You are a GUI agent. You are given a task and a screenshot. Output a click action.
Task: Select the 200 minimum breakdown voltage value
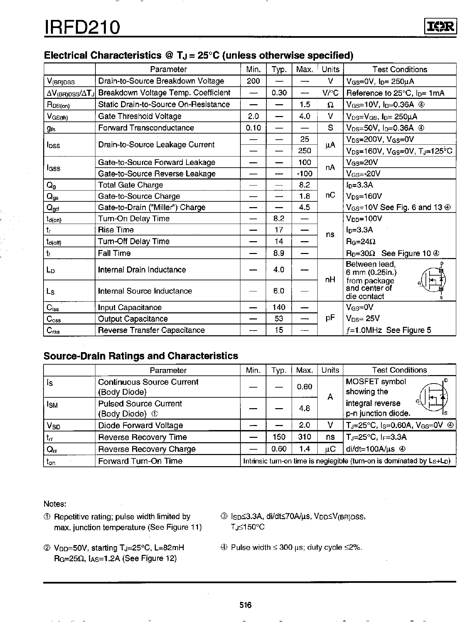click(x=253, y=81)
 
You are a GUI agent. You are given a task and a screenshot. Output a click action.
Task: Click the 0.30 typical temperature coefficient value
click(x=279, y=93)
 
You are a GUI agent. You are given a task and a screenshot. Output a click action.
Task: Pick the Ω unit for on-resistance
click(x=330, y=105)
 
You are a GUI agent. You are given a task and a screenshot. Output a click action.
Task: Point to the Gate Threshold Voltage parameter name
click(x=140, y=116)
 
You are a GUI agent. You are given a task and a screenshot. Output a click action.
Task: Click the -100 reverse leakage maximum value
click(x=304, y=174)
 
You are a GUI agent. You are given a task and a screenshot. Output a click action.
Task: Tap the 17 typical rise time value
click(x=279, y=230)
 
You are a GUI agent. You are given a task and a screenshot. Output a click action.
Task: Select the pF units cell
click(x=330, y=318)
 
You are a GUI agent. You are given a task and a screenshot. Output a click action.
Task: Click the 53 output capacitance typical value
click(x=279, y=318)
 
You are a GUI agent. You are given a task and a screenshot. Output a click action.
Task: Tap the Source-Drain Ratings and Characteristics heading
click(x=141, y=356)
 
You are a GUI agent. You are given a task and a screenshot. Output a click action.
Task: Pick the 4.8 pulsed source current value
click(x=304, y=408)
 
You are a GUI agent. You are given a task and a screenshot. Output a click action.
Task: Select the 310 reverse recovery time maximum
click(x=304, y=437)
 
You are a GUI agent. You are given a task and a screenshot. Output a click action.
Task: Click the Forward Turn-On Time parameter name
click(x=140, y=461)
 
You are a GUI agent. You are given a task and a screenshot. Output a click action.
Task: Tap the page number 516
click(x=245, y=605)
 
